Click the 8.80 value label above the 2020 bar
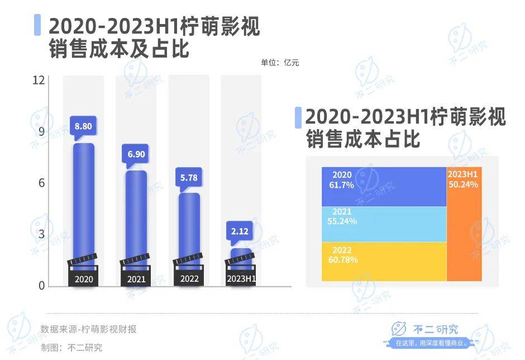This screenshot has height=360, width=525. tap(83, 126)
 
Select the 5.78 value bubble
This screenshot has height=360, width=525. tap(188, 178)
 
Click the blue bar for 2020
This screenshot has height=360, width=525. tap(84, 201)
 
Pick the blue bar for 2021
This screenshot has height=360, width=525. tap(136, 215)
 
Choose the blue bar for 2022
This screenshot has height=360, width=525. tap(189, 226)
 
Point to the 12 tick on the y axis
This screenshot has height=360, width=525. tap(39, 80)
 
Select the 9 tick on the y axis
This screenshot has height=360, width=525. tap(41, 132)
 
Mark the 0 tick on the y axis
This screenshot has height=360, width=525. tap(41, 286)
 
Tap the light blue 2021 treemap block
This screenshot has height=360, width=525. tap(384, 224)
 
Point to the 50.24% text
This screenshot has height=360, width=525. tap(464, 184)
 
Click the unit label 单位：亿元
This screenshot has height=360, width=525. tap(280, 63)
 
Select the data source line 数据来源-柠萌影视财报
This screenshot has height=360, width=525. tap(88, 329)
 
